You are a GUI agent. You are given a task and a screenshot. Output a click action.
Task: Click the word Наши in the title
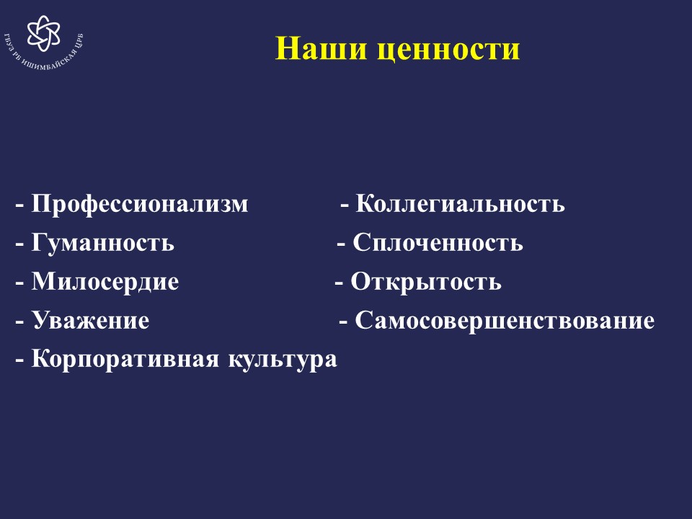coord(321,48)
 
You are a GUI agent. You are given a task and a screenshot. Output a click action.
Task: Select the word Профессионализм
coord(139,204)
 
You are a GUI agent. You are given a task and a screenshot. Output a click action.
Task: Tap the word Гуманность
coord(102,243)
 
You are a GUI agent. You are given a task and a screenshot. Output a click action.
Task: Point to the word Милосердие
coord(105,282)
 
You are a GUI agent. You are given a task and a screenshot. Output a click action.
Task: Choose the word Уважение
coord(90,320)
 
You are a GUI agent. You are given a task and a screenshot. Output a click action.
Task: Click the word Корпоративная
coord(125,359)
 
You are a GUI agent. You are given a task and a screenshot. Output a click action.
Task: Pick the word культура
coord(283,359)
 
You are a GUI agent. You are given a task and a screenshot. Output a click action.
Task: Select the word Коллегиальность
coord(460,204)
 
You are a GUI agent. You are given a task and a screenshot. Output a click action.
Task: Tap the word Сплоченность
coord(438,243)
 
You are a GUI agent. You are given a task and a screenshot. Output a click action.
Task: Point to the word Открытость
coord(426,282)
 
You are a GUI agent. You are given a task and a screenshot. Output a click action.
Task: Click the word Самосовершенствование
coord(505,320)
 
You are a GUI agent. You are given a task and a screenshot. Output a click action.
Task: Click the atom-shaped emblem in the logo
coord(43,33)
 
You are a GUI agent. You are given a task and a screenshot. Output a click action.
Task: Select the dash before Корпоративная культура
coord(20,360)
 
